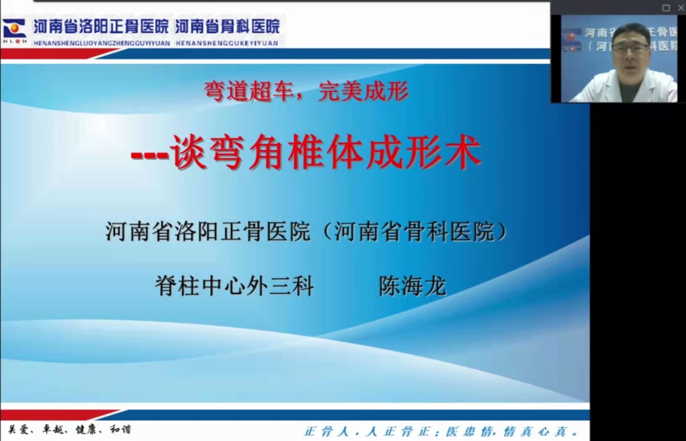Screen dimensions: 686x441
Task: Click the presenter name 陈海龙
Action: click(x=413, y=286)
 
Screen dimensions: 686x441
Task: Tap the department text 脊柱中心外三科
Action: click(x=235, y=286)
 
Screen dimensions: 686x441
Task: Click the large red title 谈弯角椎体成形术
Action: click(x=326, y=152)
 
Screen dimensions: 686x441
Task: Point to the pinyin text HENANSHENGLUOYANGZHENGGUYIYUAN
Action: click(x=102, y=43)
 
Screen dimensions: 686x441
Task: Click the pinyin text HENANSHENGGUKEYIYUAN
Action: click(x=227, y=43)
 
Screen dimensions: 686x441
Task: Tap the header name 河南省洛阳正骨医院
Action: click(x=101, y=27)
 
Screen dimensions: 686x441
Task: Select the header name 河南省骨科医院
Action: click(x=228, y=27)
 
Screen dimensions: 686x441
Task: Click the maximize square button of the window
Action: click(x=666, y=8)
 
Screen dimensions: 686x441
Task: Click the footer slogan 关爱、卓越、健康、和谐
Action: click(x=70, y=430)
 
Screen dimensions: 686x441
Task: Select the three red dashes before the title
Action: click(x=150, y=155)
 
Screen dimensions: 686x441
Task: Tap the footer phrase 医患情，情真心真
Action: click(x=512, y=432)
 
